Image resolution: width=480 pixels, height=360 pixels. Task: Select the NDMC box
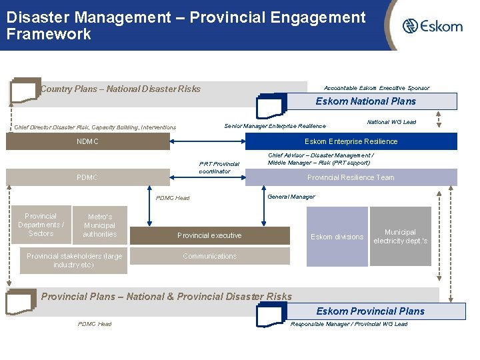(x=87, y=141)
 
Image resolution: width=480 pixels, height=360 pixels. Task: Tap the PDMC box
(x=87, y=177)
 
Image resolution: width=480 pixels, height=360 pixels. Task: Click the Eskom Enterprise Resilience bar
(x=351, y=141)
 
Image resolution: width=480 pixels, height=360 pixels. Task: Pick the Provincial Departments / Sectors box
(x=41, y=225)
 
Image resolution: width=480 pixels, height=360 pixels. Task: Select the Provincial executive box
(x=209, y=235)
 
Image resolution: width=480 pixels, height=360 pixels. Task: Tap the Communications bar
(x=209, y=256)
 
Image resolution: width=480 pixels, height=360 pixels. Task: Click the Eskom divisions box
(x=337, y=237)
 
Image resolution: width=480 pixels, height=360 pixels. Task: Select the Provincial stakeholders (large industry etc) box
(x=74, y=261)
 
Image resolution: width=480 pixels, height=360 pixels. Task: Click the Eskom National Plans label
(x=366, y=101)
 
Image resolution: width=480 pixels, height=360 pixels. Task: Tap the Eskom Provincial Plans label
(x=370, y=311)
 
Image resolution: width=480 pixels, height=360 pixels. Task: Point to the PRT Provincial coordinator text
(x=219, y=167)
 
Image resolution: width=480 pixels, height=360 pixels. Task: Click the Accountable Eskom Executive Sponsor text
(x=377, y=88)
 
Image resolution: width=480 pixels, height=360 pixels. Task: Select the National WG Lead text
(x=391, y=122)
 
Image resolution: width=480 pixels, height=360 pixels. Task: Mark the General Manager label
(x=291, y=197)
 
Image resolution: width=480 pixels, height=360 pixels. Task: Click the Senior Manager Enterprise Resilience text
(x=275, y=126)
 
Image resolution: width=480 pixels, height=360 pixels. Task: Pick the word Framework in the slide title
(x=49, y=35)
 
